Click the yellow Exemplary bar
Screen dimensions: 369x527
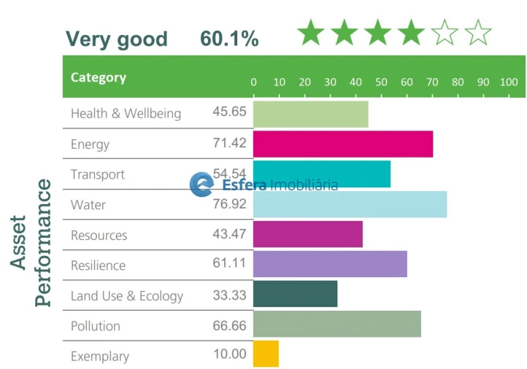click(x=266, y=354)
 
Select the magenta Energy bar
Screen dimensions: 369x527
click(x=342, y=144)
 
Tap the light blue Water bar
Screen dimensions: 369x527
click(x=350, y=204)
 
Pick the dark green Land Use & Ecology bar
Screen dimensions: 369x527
click(x=295, y=294)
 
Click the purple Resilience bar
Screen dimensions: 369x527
click(x=330, y=264)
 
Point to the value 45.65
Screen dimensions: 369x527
click(x=229, y=112)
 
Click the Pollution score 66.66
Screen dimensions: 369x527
click(x=229, y=325)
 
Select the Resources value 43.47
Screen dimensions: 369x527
click(x=229, y=235)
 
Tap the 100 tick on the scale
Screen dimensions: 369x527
click(x=508, y=82)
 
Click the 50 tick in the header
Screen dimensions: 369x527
click(x=381, y=82)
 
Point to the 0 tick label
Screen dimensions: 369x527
click(x=253, y=82)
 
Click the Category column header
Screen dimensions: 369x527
click(x=98, y=77)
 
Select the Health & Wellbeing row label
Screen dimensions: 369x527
click(x=126, y=114)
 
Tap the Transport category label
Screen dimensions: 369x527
click(x=97, y=174)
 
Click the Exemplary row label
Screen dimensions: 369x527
click(x=99, y=357)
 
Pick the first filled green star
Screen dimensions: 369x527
click(x=311, y=33)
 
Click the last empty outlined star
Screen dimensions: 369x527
click(x=478, y=33)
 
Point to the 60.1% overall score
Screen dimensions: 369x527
click(x=229, y=39)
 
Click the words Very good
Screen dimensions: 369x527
click(x=117, y=39)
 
